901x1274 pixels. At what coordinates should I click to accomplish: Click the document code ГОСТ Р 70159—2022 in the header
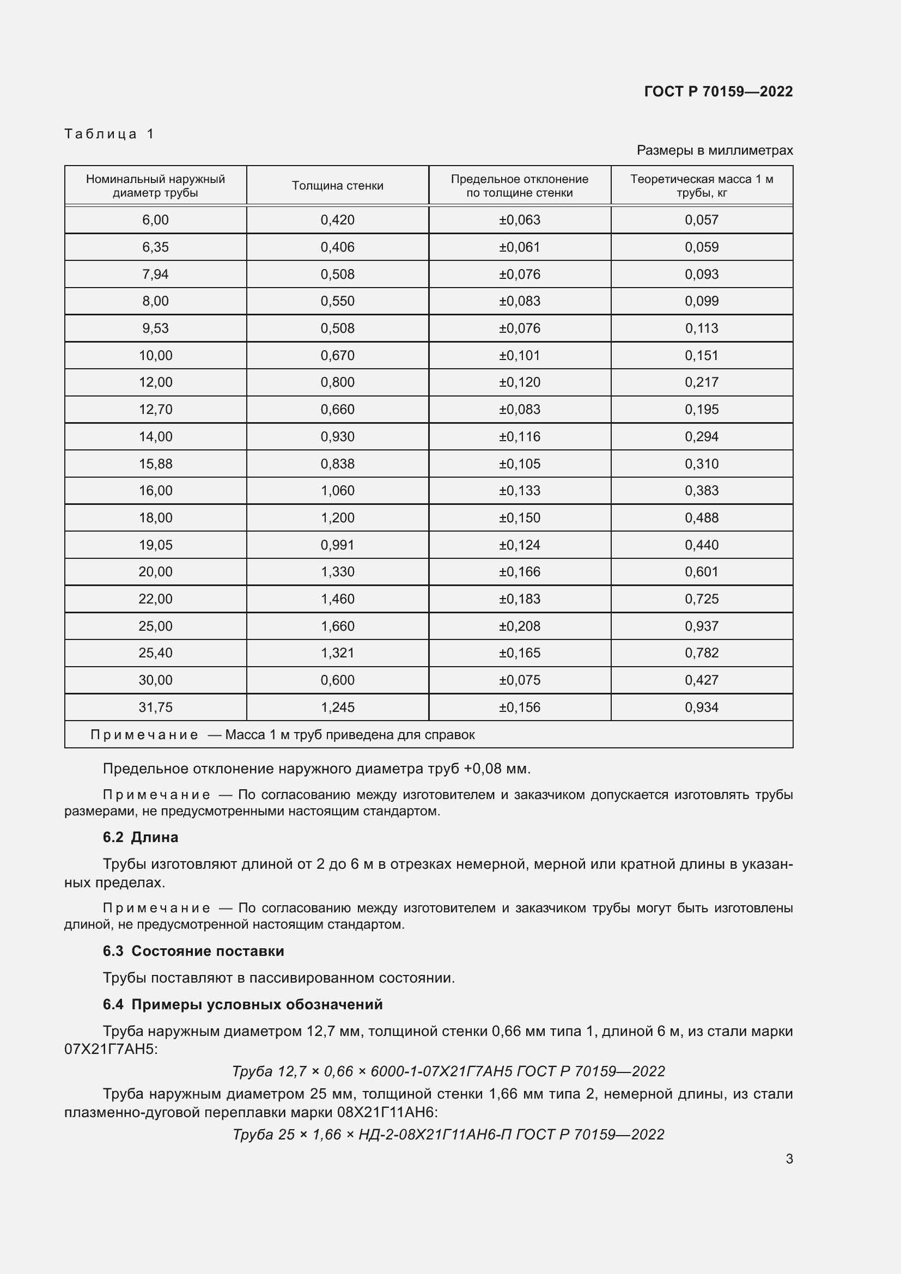pyautogui.click(x=718, y=92)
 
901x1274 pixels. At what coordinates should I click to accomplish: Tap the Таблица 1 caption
pyautogui.click(x=109, y=134)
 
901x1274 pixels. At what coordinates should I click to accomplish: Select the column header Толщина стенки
pyautogui.click(x=337, y=186)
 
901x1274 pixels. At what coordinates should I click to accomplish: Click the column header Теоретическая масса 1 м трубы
pyautogui.click(x=701, y=186)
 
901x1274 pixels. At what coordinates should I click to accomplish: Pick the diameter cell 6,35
pyautogui.click(x=155, y=247)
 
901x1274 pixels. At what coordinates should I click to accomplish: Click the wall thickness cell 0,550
pyautogui.click(x=337, y=301)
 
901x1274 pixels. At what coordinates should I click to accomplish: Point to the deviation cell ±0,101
pyautogui.click(x=519, y=355)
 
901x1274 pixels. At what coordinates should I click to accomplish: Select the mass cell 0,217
pyautogui.click(x=701, y=382)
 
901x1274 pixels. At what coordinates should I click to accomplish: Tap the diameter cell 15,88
pyautogui.click(x=155, y=464)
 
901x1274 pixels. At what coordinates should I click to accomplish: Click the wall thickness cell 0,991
pyautogui.click(x=337, y=545)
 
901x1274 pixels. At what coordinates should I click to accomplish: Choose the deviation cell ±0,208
pyautogui.click(x=519, y=626)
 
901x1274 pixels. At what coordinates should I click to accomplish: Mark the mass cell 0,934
pyautogui.click(x=701, y=707)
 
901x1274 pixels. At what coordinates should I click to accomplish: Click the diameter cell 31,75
pyautogui.click(x=155, y=707)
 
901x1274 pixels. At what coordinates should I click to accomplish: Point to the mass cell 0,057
pyautogui.click(x=701, y=220)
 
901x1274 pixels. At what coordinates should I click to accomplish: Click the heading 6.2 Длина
pyautogui.click(x=141, y=837)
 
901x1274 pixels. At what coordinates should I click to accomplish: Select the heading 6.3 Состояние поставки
pyautogui.click(x=193, y=951)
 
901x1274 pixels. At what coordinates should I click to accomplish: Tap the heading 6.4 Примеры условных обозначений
pyautogui.click(x=242, y=1004)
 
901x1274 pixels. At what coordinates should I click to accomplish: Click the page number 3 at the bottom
pyautogui.click(x=789, y=1159)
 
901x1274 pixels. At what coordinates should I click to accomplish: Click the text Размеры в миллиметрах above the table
pyautogui.click(x=715, y=150)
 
